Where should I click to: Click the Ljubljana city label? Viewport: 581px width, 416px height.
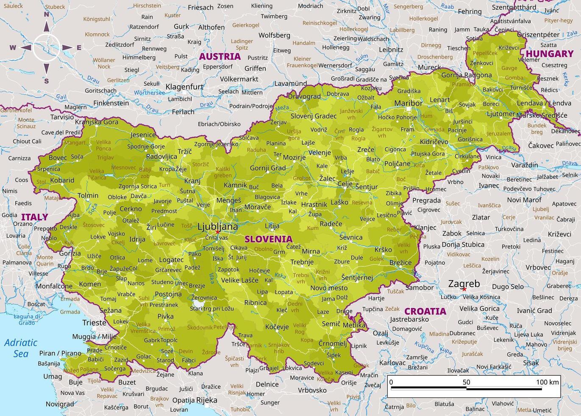[x=218, y=227]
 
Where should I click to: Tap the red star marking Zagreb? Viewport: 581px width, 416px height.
[x=464, y=290]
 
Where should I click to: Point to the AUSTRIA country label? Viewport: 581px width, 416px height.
[x=220, y=56]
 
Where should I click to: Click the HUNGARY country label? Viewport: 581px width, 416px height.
[x=549, y=54]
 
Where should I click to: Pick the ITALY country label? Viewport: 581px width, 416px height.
[x=35, y=217]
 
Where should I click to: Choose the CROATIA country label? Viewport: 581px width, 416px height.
[x=425, y=311]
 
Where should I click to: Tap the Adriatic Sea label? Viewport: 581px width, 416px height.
[x=21, y=348]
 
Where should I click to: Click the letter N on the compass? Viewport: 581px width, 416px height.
[x=47, y=14]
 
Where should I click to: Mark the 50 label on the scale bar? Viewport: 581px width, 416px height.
[x=466, y=382]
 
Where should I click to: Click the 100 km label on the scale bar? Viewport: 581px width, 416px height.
[x=548, y=382]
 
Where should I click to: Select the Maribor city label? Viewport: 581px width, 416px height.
[x=408, y=103]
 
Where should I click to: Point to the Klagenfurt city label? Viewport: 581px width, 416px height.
[x=184, y=87]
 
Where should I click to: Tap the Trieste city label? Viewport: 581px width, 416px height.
[x=94, y=323]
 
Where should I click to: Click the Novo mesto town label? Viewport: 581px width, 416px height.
[x=329, y=288]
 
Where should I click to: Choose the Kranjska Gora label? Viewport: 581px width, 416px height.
[x=97, y=122]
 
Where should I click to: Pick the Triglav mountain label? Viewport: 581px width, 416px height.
[x=105, y=157]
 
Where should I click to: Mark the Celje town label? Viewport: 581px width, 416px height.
[x=345, y=184]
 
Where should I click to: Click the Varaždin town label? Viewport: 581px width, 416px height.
[x=525, y=165]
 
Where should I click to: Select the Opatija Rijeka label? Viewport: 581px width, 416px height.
[x=195, y=400]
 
